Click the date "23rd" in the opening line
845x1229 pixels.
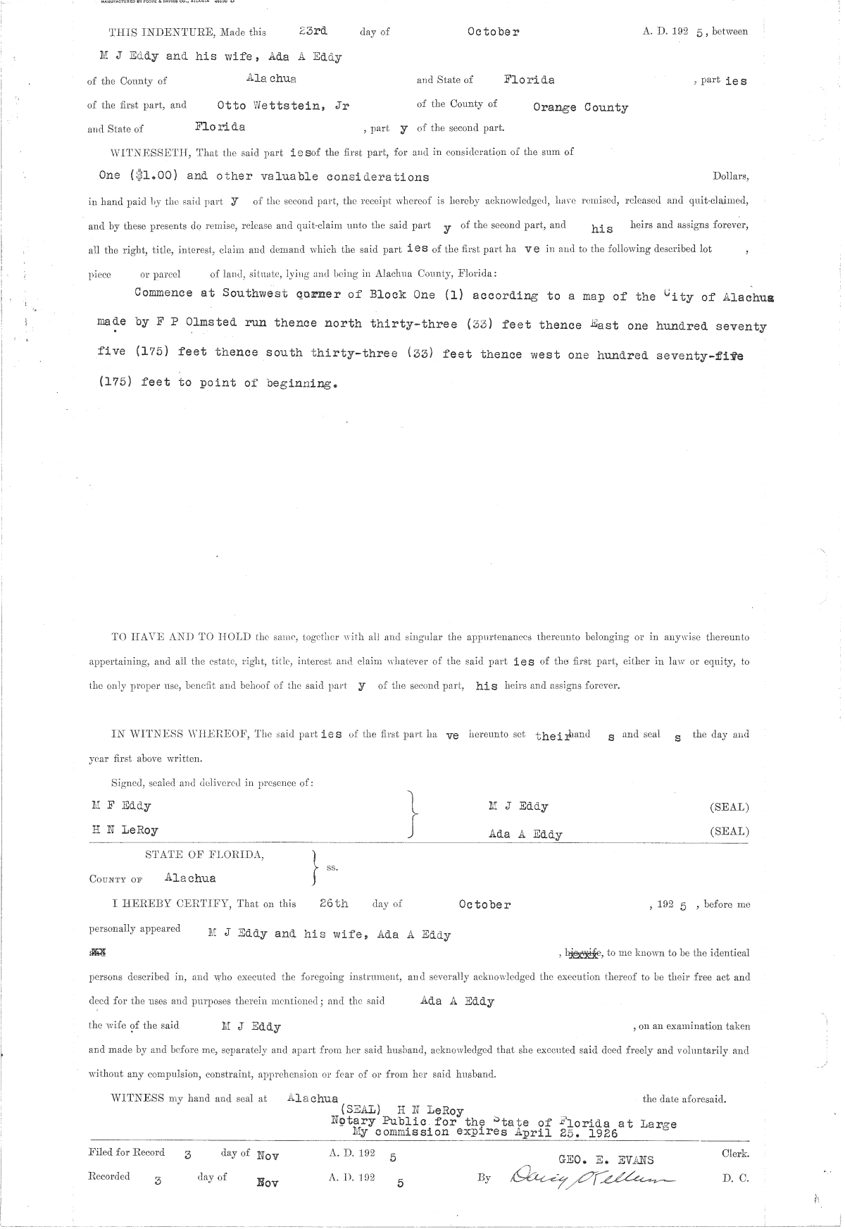[x=313, y=32]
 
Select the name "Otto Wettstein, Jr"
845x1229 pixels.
[x=283, y=106]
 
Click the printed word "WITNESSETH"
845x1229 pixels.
[x=147, y=152]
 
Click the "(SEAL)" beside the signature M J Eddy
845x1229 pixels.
[x=729, y=807]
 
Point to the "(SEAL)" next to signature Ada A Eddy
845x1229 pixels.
[x=729, y=831]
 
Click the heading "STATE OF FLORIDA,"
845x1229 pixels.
[x=205, y=854]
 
